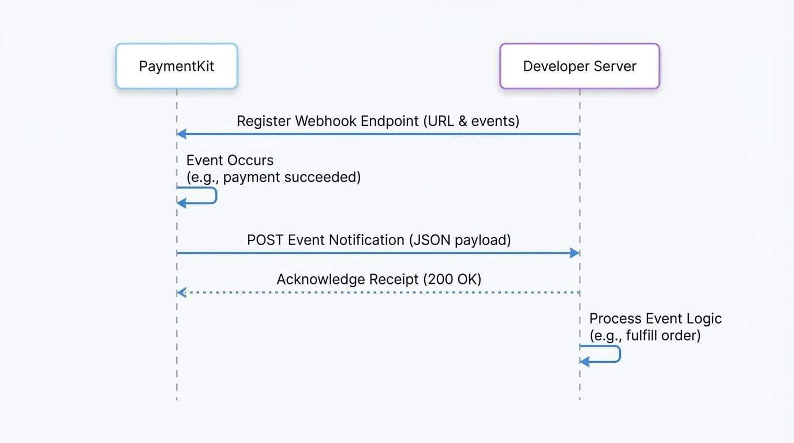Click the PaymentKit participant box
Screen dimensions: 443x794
pos(177,66)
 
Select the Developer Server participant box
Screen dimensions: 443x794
pos(579,66)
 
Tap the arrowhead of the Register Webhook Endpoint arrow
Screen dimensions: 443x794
pos(181,134)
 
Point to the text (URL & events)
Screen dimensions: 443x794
pos(471,121)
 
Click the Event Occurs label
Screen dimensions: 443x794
pos(230,160)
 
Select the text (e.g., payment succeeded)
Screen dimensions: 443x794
pos(273,177)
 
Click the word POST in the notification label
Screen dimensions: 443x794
pos(265,240)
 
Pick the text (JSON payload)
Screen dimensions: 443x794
pos(460,240)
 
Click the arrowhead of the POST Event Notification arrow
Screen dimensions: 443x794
pos(575,253)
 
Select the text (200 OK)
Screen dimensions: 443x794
pos(452,280)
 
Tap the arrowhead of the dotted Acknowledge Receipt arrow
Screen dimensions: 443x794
pos(181,292)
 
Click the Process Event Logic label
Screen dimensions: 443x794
pos(655,318)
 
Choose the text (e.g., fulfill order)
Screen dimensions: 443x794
pos(645,335)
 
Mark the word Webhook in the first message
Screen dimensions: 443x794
pos(326,121)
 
